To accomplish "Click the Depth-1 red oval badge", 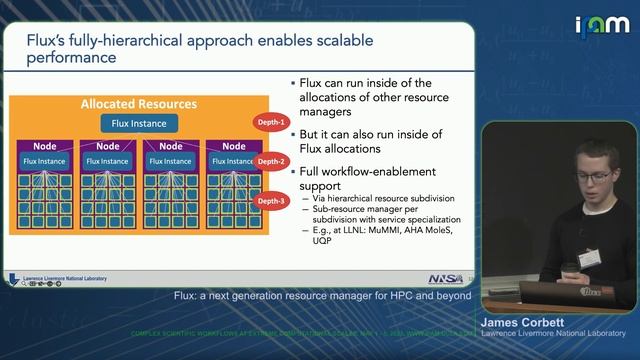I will pyautogui.click(x=271, y=123).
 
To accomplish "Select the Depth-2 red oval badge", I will pyautogui.click(x=271, y=161).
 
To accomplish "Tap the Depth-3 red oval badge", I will pyautogui.click(x=271, y=200).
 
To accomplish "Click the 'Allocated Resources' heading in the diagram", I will pyautogui.click(x=138, y=104).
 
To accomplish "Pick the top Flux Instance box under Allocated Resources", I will pyautogui.click(x=138, y=124).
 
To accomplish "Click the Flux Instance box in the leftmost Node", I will pyautogui.click(x=43, y=161).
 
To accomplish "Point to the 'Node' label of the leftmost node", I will pyautogui.click(x=43, y=146).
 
